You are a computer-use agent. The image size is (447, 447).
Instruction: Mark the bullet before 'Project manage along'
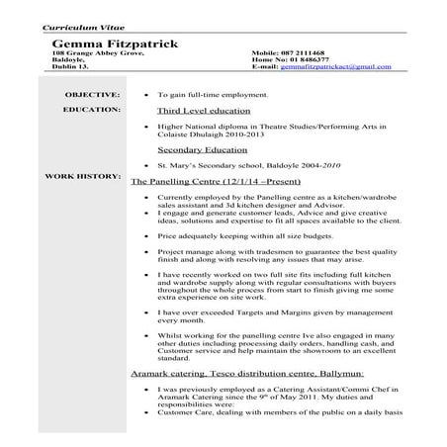pos(145,251)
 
